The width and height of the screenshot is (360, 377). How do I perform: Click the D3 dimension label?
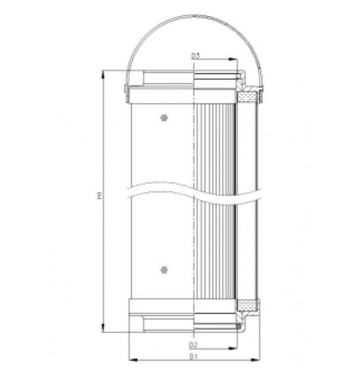pyautogui.click(x=195, y=56)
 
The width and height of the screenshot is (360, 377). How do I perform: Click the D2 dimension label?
pyautogui.click(x=194, y=345)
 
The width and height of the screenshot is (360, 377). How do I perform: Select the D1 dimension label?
pyautogui.click(x=194, y=357)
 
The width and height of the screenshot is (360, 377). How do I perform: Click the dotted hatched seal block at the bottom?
pyautogui.click(x=247, y=306)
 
